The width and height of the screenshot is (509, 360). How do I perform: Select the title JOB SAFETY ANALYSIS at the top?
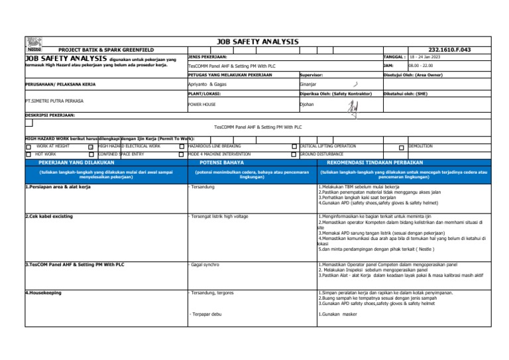point(257,42)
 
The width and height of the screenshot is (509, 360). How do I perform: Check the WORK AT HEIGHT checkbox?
point(28,147)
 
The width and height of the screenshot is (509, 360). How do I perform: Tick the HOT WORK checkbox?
point(28,154)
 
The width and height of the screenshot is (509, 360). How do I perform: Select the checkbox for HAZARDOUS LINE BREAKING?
point(183,147)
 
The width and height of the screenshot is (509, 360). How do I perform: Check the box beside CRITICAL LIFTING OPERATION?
point(295,147)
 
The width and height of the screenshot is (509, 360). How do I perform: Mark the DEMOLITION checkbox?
point(401,147)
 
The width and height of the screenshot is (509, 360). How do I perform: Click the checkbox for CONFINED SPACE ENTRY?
point(91,154)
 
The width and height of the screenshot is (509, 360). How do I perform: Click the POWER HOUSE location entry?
point(201,104)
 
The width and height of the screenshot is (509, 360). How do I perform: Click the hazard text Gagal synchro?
point(207,264)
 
